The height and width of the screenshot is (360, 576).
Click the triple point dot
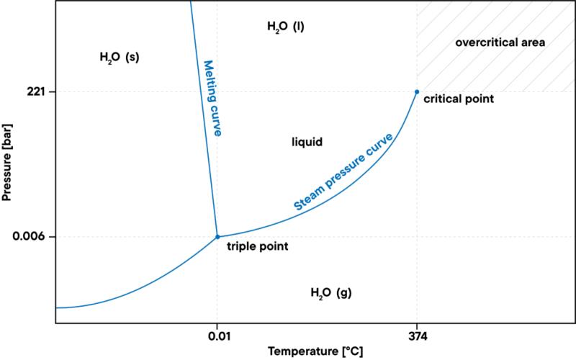(x=217, y=236)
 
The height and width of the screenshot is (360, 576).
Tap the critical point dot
(x=417, y=91)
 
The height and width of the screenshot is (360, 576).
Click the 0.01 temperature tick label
(x=217, y=336)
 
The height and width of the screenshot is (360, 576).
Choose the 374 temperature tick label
(x=417, y=336)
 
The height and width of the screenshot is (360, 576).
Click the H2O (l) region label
(x=286, y=27)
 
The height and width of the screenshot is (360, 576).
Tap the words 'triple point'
(x=258, y=246)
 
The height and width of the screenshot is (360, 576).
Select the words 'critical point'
(x=459, y=98)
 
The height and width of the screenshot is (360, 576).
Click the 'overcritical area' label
(x=500, y=42)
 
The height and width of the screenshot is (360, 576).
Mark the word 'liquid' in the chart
(x=306, y=142)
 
